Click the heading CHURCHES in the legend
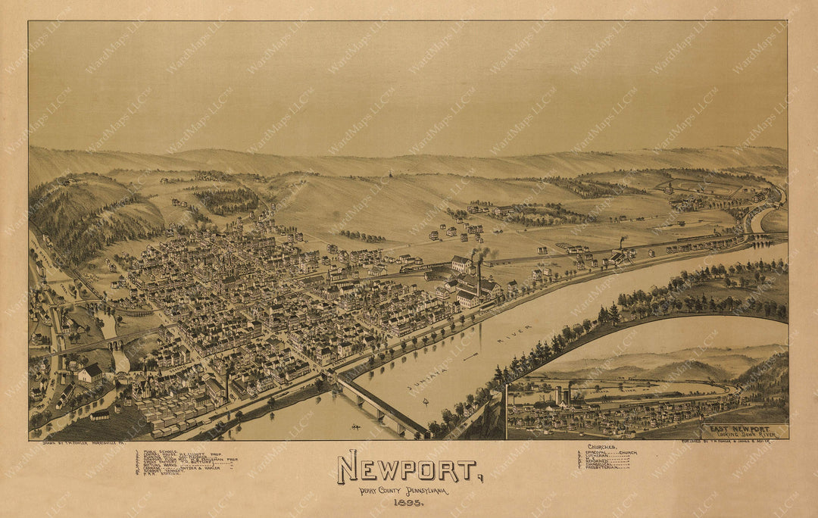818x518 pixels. pyautogui.click(x=602, y=448)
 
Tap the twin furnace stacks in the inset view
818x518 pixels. pyautogui.click(x=563, y=395)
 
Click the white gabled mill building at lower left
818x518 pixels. pyautogui.click(x=90, y=373)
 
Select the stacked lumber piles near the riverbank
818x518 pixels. pyautogui.click(x=163, y=417)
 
